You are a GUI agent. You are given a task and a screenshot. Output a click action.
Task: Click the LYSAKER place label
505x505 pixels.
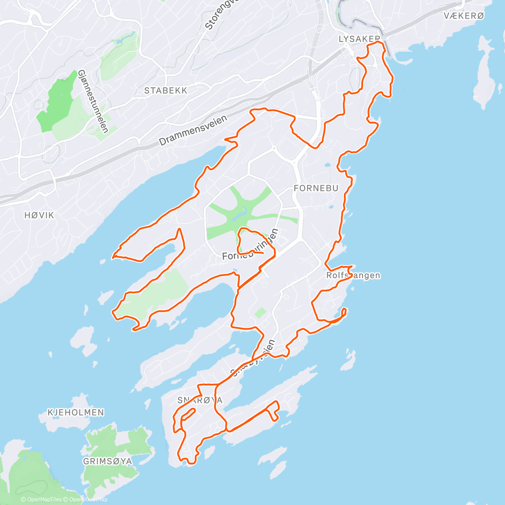pos(359,39)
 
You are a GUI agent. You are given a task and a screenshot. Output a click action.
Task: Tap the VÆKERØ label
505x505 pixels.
pos(464,16)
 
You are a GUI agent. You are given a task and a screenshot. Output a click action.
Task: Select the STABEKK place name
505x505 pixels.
pos(165,90)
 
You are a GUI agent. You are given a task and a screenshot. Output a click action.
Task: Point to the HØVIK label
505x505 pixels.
pos(39,215)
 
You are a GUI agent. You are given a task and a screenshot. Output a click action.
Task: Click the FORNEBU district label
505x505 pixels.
pos(316,188)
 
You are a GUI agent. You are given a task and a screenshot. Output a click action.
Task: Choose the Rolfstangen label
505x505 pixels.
pos(353,276)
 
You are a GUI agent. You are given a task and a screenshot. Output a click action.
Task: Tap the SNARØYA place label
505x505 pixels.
pos(200,400)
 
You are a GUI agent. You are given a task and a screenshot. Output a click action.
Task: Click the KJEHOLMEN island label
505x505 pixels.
pos(76,412)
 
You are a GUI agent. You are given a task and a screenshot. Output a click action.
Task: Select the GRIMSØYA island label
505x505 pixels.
pos(107,461)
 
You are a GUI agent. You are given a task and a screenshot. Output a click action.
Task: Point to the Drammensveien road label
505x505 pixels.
pos(193,131)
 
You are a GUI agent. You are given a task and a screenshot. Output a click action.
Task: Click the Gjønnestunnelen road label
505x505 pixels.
pos(93,101)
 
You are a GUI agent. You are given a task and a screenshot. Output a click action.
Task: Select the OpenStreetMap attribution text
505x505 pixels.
pos(88,500)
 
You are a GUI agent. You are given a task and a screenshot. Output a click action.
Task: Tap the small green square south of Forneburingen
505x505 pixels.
pos(260,313)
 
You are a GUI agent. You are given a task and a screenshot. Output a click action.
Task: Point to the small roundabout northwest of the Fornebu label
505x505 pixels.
pos(274,148)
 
